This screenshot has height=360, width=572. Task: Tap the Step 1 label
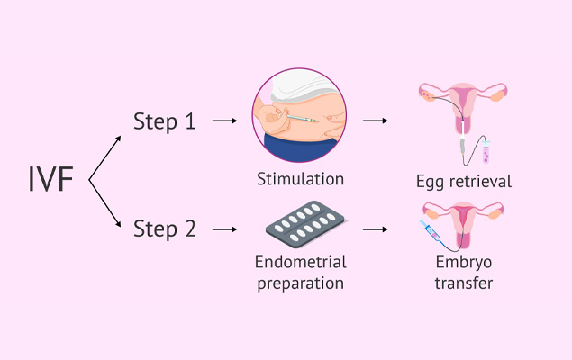coord(164,121)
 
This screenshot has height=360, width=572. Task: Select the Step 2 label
coord(164,229)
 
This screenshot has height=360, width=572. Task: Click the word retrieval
coord(480,182)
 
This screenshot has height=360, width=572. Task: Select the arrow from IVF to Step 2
coord(107,206)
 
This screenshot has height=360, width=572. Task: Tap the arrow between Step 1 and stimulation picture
coord(226,121)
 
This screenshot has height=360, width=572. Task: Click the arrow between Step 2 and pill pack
coord(226,229)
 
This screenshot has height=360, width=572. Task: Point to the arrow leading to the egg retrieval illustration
coord(377,121)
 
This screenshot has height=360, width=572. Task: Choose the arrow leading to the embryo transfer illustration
coord(377,229)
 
